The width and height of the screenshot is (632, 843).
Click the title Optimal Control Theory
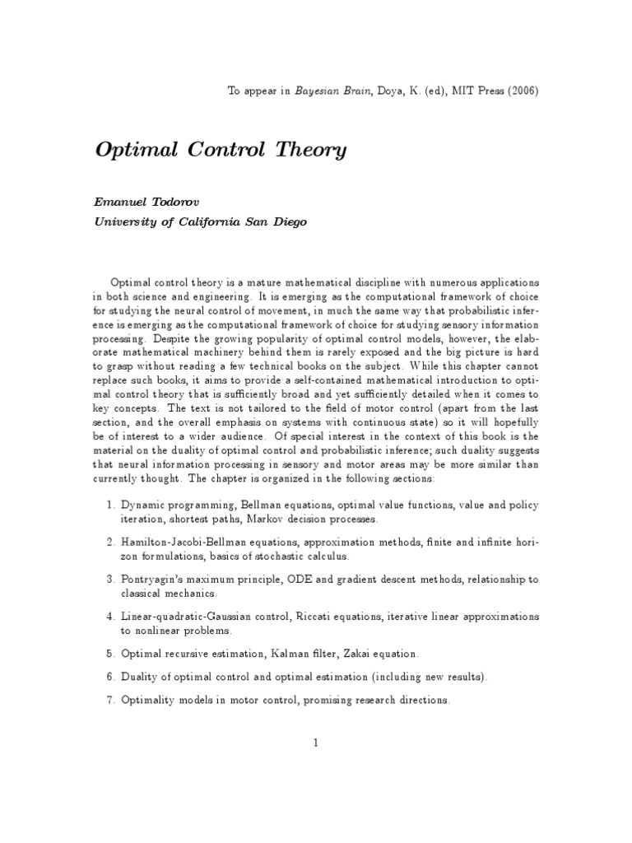click(x=221, y=151)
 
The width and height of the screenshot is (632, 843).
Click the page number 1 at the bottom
click(x=315, y=742)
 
